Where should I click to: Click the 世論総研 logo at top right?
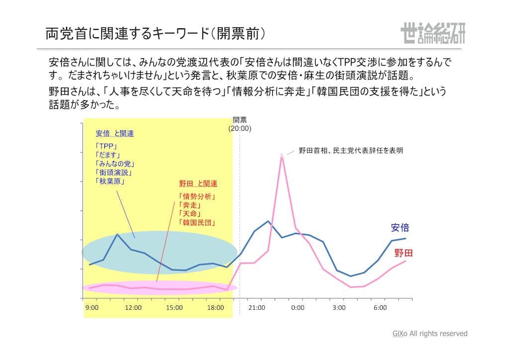coord(432,33)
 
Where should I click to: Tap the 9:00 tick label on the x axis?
coord(92,308)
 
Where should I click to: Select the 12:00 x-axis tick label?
coord(133,308)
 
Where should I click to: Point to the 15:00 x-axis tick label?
coord(174,308)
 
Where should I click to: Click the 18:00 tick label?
coord(216,308)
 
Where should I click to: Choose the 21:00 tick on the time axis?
coord(256,308)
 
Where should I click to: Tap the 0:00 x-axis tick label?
coord(298,308)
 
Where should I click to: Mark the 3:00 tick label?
coord(339,308)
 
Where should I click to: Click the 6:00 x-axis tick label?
coord(380,308)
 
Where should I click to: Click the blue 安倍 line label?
coord(400,228)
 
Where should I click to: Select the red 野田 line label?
coord(403,253)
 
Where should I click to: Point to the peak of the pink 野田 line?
coord(282,155)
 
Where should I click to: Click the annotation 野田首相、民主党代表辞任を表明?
coord(350,150)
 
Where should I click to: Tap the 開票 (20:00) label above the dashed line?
coord(240,124)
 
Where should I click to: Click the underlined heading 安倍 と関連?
coord(114,134)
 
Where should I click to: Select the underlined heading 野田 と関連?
coord(198,183)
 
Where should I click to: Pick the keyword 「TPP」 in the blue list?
coord(105,147)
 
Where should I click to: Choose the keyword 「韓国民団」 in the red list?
coord(197,223)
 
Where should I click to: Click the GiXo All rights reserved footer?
coord(430,334)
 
